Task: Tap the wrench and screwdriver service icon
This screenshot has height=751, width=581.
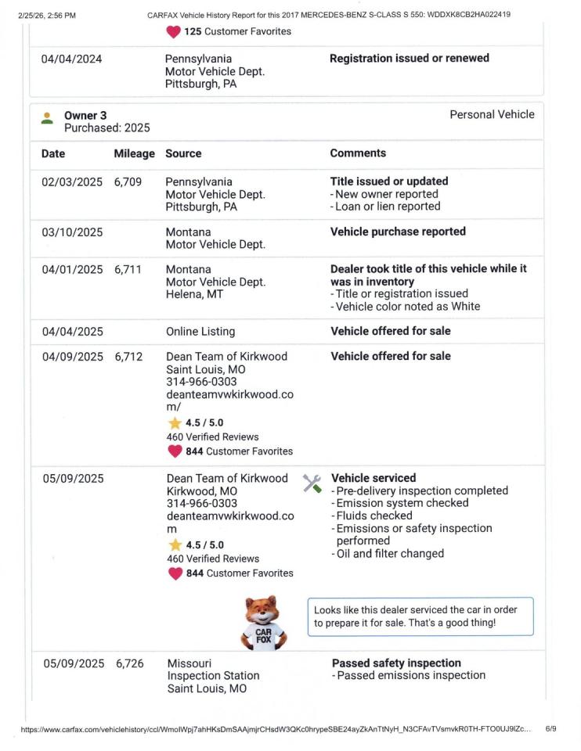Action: click(312, 483)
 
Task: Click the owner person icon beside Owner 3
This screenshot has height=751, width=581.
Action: click(48, 117)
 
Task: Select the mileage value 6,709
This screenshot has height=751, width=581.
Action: click(128, 181)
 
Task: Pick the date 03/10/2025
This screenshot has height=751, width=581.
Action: click(72, 232)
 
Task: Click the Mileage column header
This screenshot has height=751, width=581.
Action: click(134, 153)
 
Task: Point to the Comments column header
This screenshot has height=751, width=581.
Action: click(357, 153)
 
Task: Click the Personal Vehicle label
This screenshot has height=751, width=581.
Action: click(492, 114)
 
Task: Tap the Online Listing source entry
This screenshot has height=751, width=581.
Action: click(200, 331)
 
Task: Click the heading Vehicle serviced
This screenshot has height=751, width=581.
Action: click(373, 478)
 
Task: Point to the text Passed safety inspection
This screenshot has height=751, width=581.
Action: click(396, 663)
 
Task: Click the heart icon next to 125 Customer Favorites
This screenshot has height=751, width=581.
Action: click(173, 32)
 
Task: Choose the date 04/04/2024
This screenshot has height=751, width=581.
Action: click(71, 59)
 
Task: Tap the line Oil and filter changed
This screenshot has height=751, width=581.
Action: click(390, 554)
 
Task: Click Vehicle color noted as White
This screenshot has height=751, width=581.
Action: click(407, 307)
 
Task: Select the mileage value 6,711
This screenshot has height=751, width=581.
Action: click(128, 269)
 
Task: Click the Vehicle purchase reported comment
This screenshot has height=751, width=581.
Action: click(398, 232)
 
